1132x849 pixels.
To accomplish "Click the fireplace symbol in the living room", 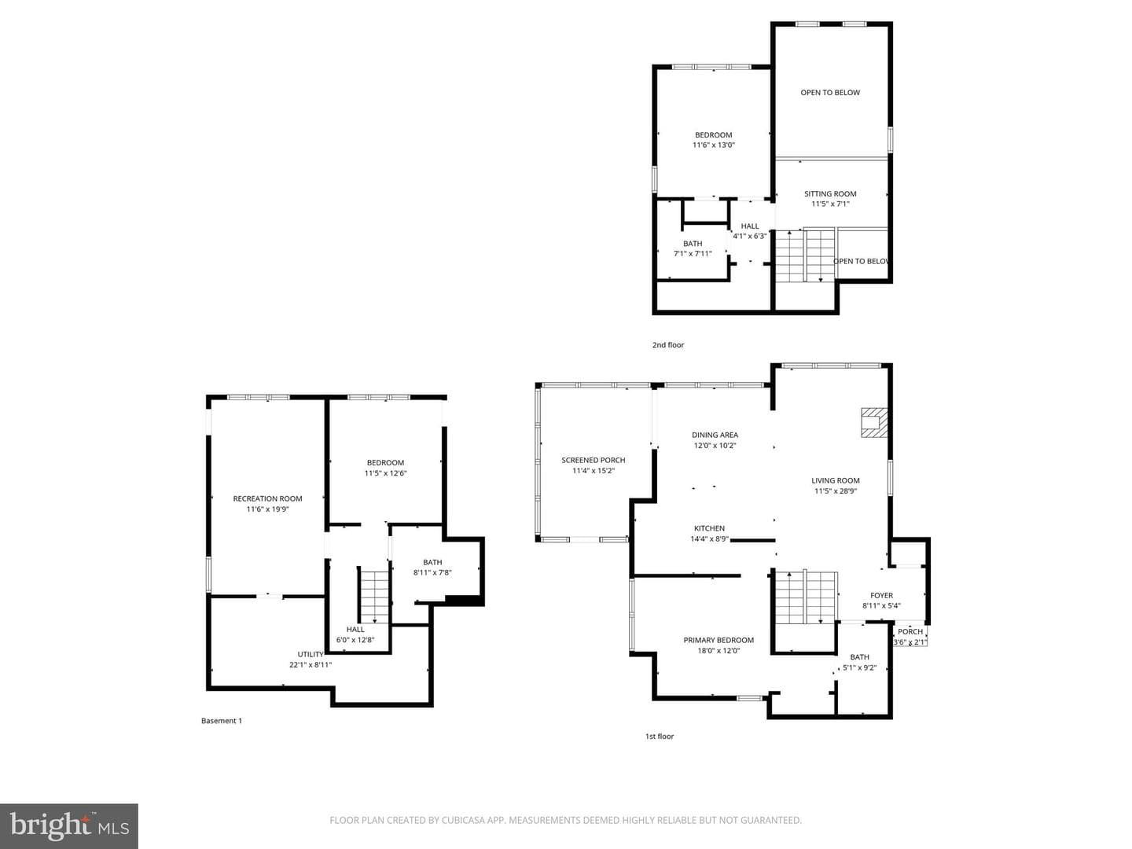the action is tap(873, 423).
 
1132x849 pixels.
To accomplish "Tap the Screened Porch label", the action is tap(593, 460).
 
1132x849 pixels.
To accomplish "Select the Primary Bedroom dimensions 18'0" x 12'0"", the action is tap(719, 651).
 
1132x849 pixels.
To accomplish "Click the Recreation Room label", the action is tap(267, 498).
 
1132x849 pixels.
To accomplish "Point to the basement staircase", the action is tap(374, 597).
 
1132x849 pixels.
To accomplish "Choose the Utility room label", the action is tap(311, 654).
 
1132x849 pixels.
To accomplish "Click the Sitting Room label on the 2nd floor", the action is tap(830, 194).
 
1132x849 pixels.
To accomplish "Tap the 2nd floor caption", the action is tap(668, 345).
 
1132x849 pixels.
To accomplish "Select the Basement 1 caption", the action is tap(221, 721).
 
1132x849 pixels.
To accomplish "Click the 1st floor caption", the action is tap(659, 736).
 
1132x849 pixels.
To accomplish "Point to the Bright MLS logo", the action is tap(69, 825).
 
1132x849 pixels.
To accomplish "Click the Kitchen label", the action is tap(709, 528).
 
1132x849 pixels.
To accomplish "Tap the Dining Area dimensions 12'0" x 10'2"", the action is tap(715, 446).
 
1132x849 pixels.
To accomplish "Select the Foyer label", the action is tap(881, 595).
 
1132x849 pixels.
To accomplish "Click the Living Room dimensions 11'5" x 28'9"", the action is tap(836, 491).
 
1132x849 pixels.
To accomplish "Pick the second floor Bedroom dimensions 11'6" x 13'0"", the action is tap(713, 145).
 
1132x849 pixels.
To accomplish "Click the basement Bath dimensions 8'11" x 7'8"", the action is tap(432, 572).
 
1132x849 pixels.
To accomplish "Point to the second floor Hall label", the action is tap(750, 226).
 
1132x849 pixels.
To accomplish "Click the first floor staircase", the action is tap(806, 599).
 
